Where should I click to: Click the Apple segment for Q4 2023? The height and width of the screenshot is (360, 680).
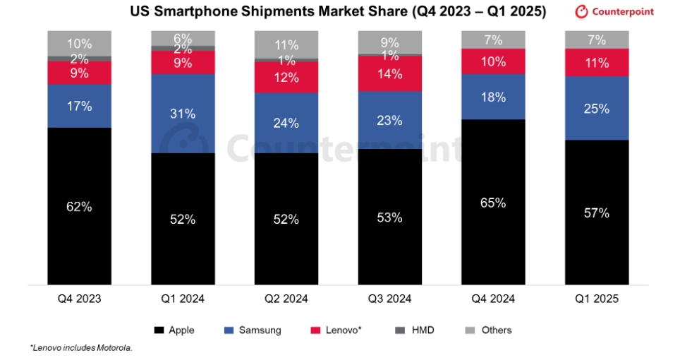tap(80, 206)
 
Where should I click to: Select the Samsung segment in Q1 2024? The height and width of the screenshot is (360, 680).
tap(183, 113)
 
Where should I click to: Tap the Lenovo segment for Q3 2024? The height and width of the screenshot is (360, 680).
tap(389, 73)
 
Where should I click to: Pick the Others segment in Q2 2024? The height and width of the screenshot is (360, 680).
tap(286, 45)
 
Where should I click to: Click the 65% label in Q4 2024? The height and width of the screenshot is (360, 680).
tap(493, 203)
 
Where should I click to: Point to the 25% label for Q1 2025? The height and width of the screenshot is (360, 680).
tap(597, 108)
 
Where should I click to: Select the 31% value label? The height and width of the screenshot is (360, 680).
tap(183, 112)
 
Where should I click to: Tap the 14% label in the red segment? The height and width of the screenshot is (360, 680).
tap(389, 73)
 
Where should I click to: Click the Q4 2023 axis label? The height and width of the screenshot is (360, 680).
tap(80, 299)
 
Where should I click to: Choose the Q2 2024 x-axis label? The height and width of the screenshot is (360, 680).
tap(286, 299)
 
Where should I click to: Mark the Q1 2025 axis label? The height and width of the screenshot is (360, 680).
tap(597, 299)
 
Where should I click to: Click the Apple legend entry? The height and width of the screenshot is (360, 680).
tap(175, 330)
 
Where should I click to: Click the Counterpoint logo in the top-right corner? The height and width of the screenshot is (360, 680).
tap(614, 12)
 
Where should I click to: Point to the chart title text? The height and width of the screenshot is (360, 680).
tap(337, 12)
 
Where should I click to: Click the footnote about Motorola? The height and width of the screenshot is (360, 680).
tap(81, 348)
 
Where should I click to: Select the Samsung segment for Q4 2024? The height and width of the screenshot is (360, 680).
tap(493, 97)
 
